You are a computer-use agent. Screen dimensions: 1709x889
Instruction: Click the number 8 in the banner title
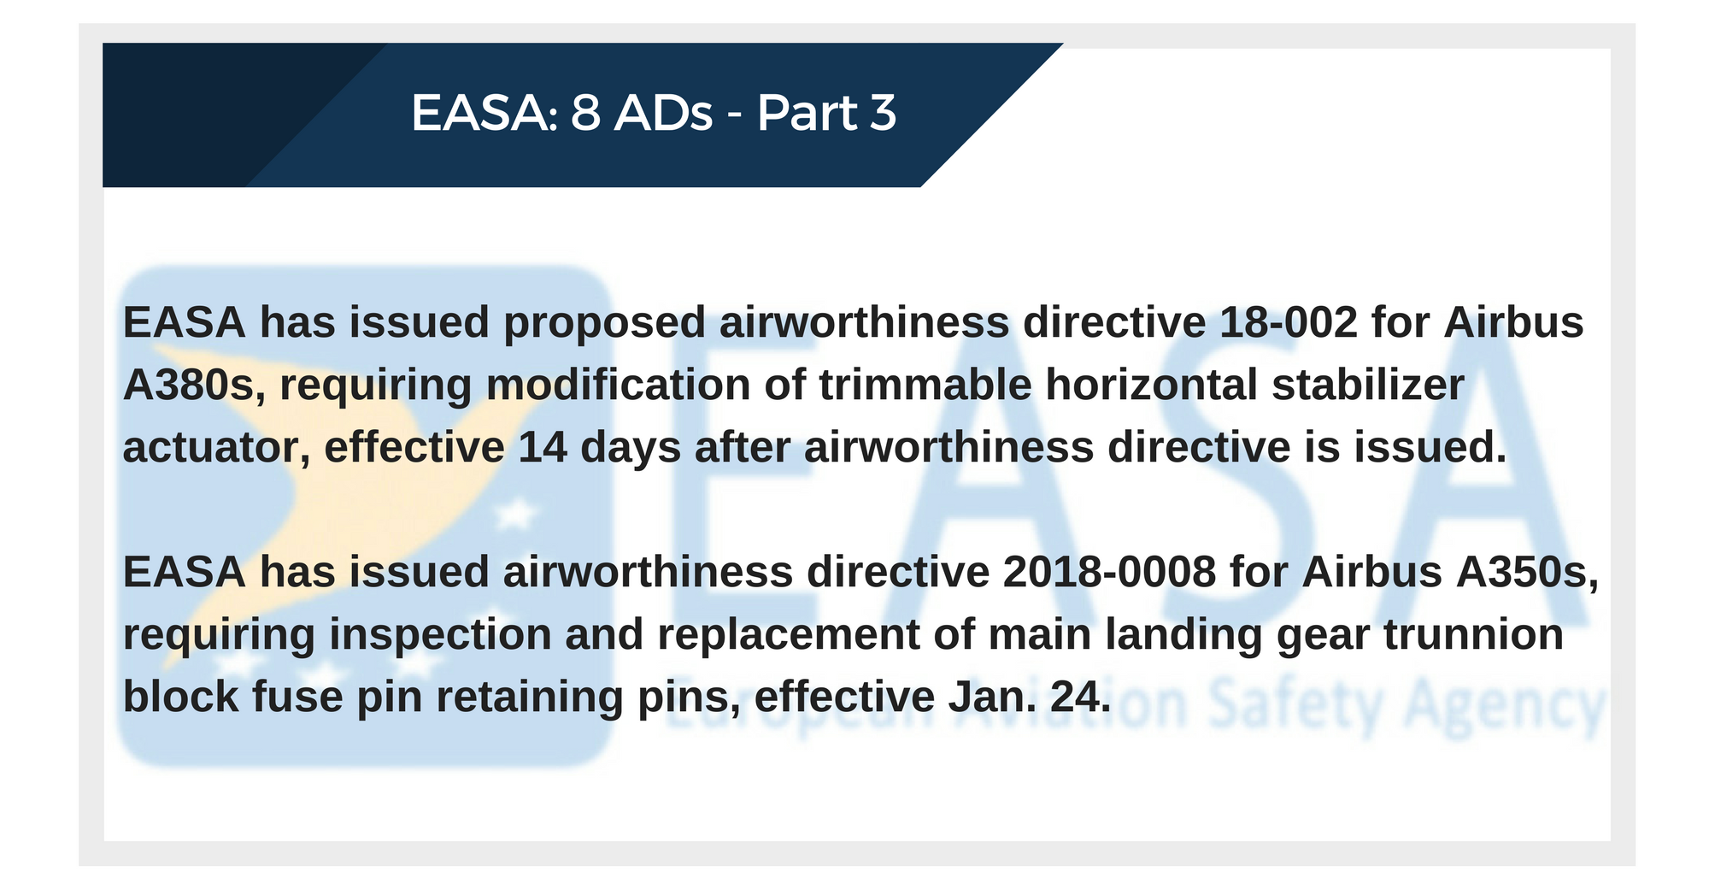(x=585, y=113)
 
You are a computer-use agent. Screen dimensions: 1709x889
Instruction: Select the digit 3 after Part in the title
(x=883, y=113)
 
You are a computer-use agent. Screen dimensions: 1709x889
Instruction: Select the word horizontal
(x=1152, y=385)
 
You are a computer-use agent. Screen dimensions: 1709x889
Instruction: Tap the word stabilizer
(x=1368, y=385)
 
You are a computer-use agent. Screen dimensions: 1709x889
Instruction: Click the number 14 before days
(x=543, y=447)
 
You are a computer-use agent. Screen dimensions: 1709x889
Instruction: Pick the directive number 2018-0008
(x=1109, y=572)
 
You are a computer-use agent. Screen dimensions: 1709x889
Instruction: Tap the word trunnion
(x=1474, y=634)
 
